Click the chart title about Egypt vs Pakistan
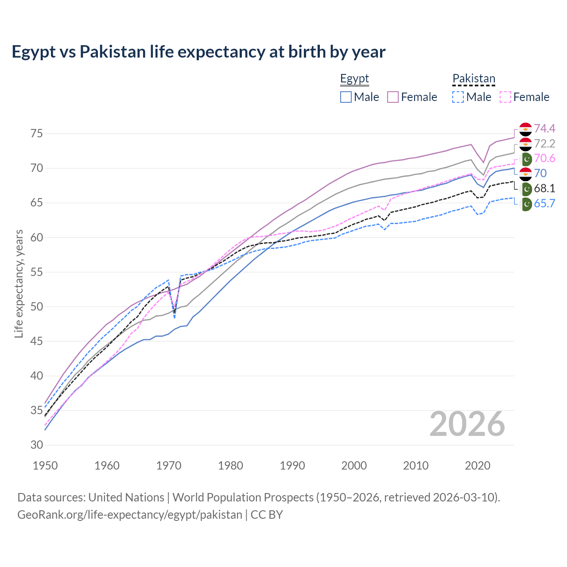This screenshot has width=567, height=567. tap(198, 52)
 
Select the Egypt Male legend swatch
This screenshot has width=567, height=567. tap(346, 97)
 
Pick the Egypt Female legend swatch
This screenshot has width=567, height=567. tap(393, 97)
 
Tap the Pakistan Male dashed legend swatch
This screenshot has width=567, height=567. tap(458, 97)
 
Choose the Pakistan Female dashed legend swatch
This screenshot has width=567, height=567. tap(505, 97)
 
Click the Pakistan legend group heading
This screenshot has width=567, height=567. tap(474, 79)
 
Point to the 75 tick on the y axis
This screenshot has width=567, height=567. tap(37, 133)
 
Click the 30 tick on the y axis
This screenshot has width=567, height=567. tap(37, 445)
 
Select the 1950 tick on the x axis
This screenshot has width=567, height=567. tap(45, 466)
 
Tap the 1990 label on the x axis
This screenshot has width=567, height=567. tap(292, 466)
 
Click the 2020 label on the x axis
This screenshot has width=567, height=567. tap(478, 466)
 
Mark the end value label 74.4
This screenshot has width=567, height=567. tap(544, 128)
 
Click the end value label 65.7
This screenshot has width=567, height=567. tap(544, 203)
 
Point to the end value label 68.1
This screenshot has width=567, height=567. tap(544, 188)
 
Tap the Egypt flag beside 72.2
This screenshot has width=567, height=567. tap(525, 144)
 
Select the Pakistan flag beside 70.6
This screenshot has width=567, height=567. tap(526, 159)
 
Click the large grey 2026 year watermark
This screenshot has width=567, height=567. tap(467, 424)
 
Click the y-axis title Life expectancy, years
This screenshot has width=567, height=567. tap(19, 283)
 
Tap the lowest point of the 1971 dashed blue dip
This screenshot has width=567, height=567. tap(175, 318)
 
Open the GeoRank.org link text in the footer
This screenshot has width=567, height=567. tap(130, 515)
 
